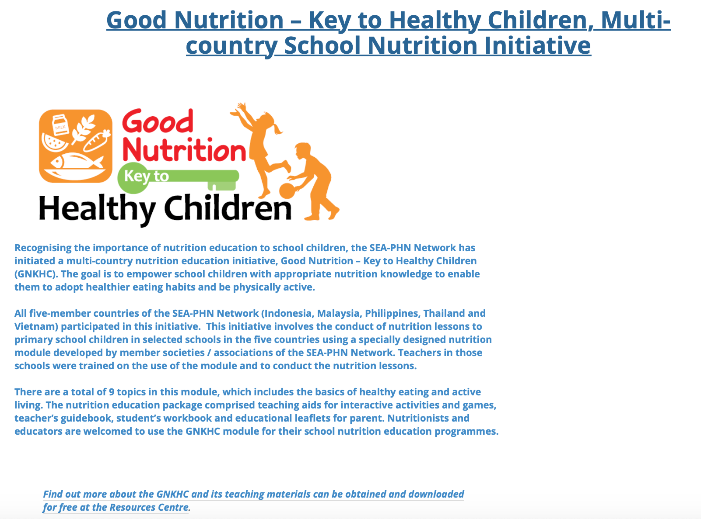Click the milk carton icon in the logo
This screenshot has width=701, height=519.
pos(60,125)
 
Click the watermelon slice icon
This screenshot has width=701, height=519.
pos(54,143)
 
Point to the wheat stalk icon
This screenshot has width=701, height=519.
pos(83,129)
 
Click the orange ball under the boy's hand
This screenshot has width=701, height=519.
pos(287,191)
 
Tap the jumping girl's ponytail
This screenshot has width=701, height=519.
pos(277,128)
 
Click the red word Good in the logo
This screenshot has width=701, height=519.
pos(158,121)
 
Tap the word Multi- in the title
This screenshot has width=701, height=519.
pos(635,20)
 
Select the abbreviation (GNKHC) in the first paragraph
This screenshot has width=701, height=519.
pos(36,274)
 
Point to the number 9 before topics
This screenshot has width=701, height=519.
pos(112,392)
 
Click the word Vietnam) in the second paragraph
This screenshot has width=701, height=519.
pos(36,326)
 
